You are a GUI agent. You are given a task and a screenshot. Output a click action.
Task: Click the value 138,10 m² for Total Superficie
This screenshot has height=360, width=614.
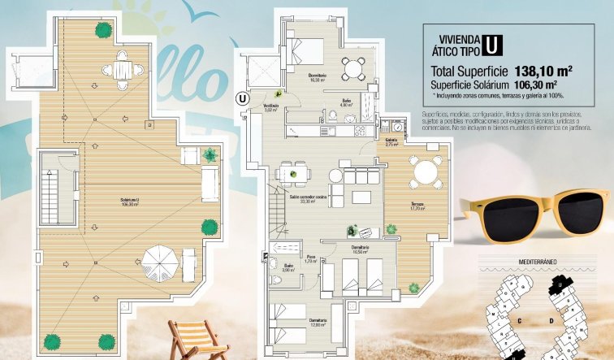[x=543, y=71]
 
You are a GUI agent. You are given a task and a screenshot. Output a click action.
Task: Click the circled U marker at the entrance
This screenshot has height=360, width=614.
[x=241, y=98]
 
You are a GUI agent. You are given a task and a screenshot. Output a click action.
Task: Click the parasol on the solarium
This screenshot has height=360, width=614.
[x=158, y=261]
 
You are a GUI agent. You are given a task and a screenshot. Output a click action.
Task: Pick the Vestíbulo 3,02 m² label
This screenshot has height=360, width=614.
[x=271, y=107]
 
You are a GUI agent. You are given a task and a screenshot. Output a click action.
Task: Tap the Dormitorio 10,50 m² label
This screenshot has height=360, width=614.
[x=360, y=249]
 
